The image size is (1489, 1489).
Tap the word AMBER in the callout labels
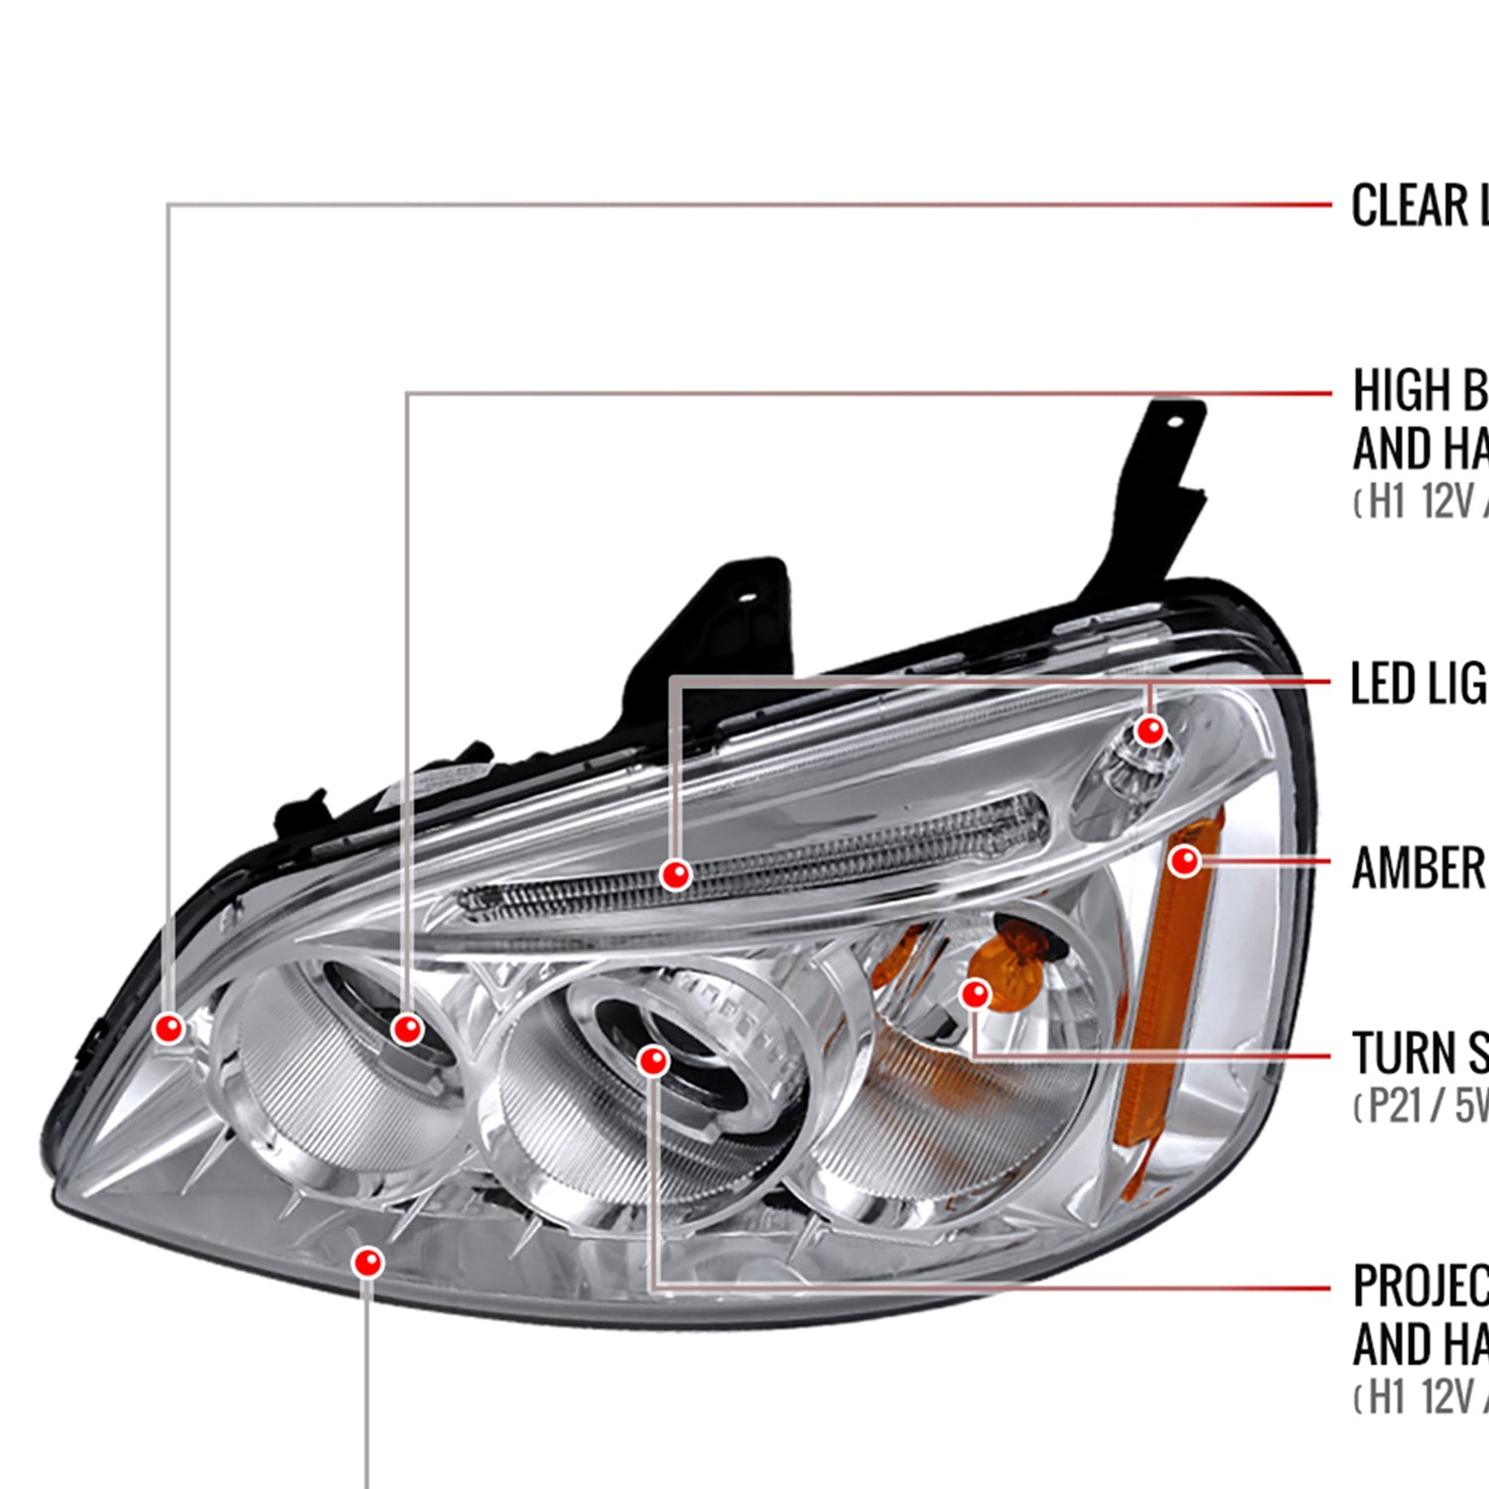coord(1418,869)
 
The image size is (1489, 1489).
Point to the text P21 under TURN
coord(1395,1105)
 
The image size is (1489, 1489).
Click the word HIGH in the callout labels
coord(1400,390)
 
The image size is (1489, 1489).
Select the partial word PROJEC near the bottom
coord(1420,1286)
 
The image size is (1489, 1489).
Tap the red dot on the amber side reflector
coord(1184,861)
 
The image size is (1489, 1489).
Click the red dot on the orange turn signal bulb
coord(976,994)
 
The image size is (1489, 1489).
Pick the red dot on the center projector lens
coord(653,1061)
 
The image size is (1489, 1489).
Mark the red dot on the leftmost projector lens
coord(407,1028)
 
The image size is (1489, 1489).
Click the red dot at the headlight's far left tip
coord(170,1027)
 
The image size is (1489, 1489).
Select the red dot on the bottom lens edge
coord(367,1263)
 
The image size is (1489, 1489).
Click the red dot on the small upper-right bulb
coord(1151,732)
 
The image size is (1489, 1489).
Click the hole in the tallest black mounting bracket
coord(1176,421)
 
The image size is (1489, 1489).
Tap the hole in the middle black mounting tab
coord(746,598)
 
